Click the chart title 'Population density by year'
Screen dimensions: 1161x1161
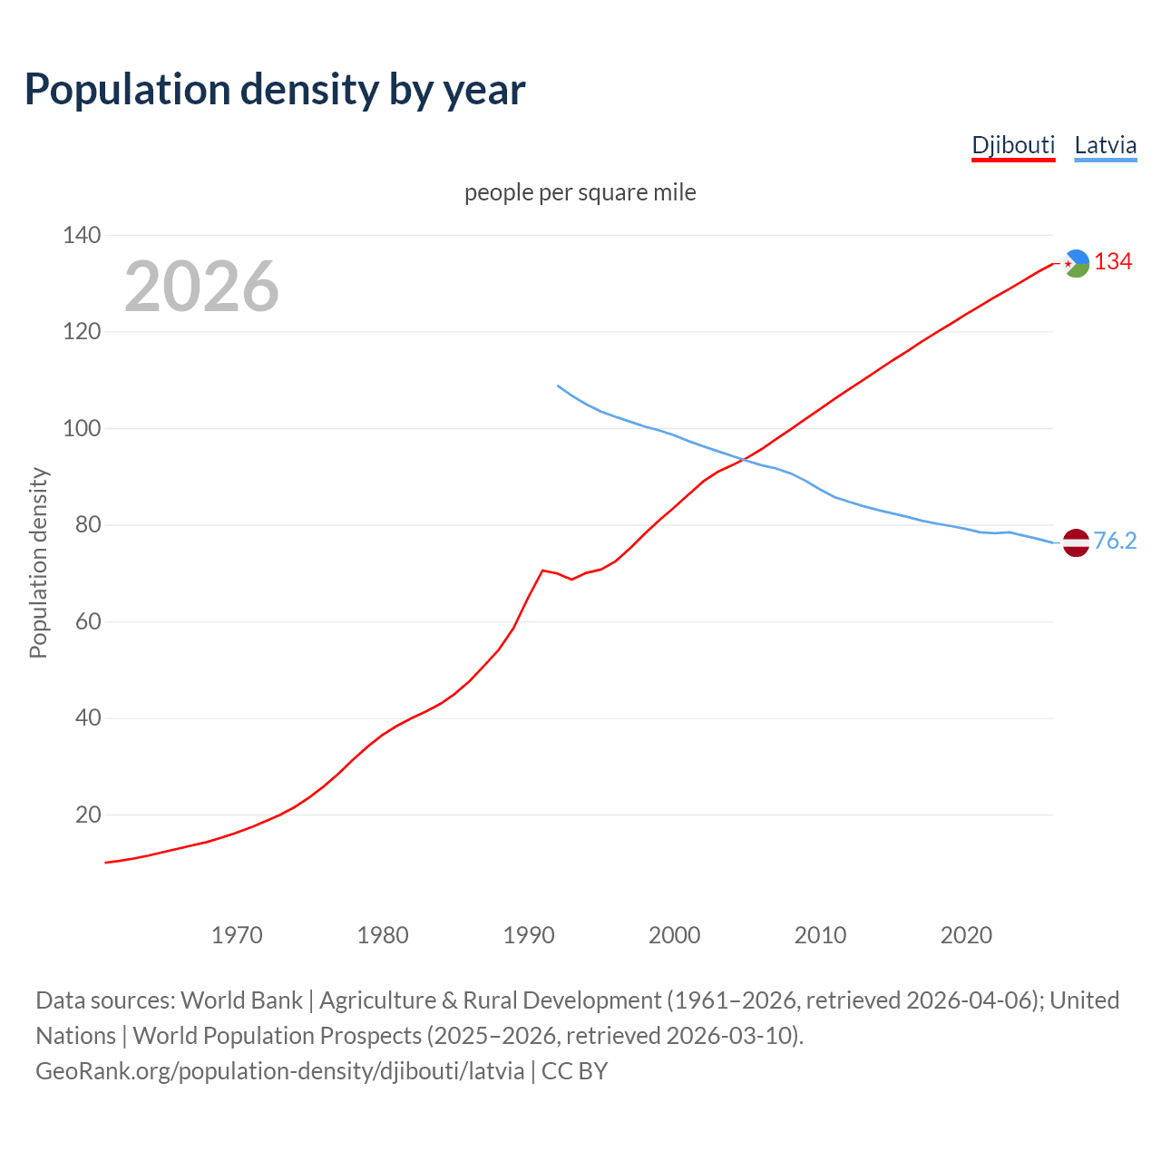275,89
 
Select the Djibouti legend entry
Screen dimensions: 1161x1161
1013,145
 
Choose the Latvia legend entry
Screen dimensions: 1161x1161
1105,145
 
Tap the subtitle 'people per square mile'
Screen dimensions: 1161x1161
580,192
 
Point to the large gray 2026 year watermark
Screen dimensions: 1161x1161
201,287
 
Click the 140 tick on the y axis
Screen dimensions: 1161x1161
82,235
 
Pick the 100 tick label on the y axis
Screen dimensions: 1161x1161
82,428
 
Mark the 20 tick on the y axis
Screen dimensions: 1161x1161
88,815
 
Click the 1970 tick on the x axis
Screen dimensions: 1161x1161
237,934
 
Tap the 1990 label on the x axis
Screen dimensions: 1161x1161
529,934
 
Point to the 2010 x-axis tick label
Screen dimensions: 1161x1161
820,934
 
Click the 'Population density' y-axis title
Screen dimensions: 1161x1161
38,562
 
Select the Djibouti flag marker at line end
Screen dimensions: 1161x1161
1076,263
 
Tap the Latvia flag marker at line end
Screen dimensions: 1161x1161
1076,542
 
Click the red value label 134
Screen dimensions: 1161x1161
1113,262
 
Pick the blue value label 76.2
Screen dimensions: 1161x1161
1115,541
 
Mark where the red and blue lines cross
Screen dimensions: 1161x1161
743,460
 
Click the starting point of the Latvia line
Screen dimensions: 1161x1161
558,385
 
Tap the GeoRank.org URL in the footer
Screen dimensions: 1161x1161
279,1071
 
